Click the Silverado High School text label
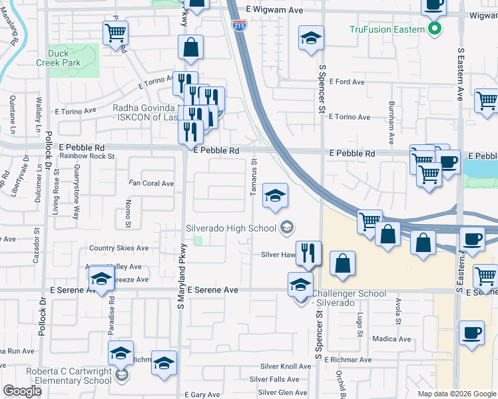(231, 228)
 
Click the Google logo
(22, 391)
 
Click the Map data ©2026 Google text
(456, 394)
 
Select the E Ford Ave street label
(347, 82)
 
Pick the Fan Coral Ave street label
(151, 184)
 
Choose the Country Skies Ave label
(119, 248)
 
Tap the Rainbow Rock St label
(87, 156)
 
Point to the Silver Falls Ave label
(274, 379)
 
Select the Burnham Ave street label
(392, 115)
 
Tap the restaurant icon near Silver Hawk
(308, 253)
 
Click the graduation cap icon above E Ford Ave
(311, 39)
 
